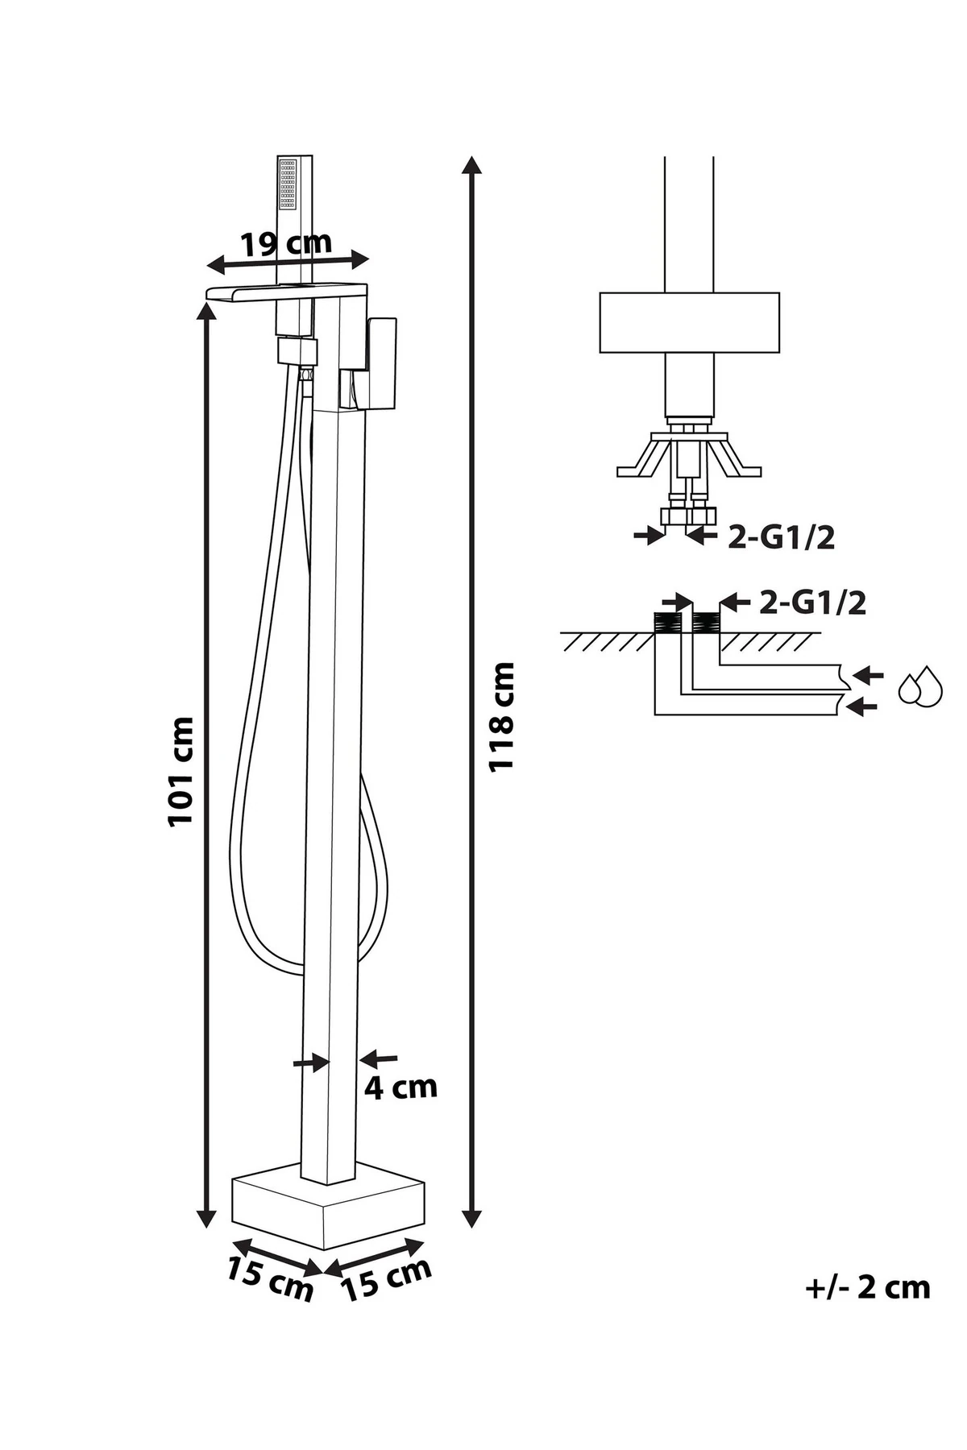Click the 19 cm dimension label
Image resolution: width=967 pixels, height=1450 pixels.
pyautogui.click(x=286, y=243)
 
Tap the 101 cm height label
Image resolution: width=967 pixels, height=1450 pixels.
pyautogui.click(x=181, y=771)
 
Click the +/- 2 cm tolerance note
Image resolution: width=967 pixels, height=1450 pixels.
pyautogui.click(x=867, y=1287)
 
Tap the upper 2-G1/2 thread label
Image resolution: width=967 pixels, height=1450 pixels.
pyautogui.click(x=780, y=538)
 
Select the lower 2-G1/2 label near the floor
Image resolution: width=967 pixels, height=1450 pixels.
pyautogui.click(x=812, y=603)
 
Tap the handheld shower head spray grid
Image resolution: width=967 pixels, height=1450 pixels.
pyautogui.click(x=288, y=183)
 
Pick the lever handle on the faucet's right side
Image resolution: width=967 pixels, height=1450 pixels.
pyautogui.click(x=382, y=362)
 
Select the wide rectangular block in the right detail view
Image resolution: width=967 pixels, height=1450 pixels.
pyautogui.click(x=689, y=322)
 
